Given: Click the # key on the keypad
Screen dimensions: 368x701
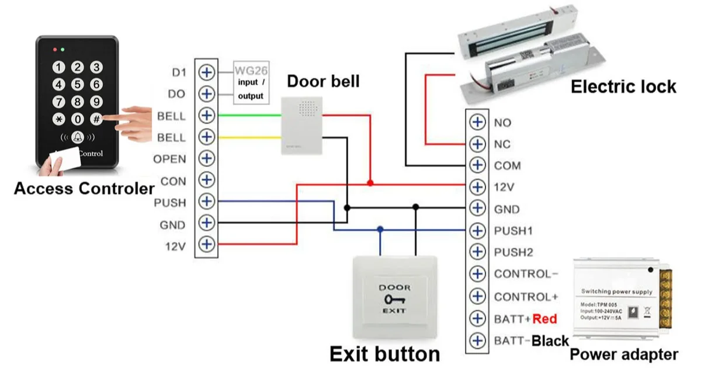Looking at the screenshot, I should (96, 119).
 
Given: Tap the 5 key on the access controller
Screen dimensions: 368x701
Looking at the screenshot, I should (78, 85).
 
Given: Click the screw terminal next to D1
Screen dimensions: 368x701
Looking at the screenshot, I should (207, 72).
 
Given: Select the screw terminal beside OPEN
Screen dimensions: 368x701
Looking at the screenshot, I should (207, 159).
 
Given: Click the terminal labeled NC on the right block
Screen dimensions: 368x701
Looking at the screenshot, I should (477, 144).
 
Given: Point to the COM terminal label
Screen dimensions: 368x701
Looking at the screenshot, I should (507, 166).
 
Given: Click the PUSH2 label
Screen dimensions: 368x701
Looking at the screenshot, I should (513, 252).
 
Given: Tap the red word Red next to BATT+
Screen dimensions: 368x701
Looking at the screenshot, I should (544, 319).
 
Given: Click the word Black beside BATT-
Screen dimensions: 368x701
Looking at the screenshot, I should (550, 341).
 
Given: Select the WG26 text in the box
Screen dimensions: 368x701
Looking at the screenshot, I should (251, 71).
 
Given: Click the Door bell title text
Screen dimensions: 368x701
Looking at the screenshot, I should (323, 81).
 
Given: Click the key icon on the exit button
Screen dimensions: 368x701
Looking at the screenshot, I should (395, 299).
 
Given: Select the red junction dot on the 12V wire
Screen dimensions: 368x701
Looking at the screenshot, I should (370, 183).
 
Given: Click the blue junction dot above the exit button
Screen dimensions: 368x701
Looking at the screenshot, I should (380, 230).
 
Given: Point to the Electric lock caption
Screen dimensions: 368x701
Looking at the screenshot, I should (623, 87).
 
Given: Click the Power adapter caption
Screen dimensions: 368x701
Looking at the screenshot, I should (623, 354).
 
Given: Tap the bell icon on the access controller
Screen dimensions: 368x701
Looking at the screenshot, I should (77, 138).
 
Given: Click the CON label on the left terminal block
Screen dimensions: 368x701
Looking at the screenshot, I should (173, 181).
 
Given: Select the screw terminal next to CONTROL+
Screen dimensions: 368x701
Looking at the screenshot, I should (477, 296).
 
